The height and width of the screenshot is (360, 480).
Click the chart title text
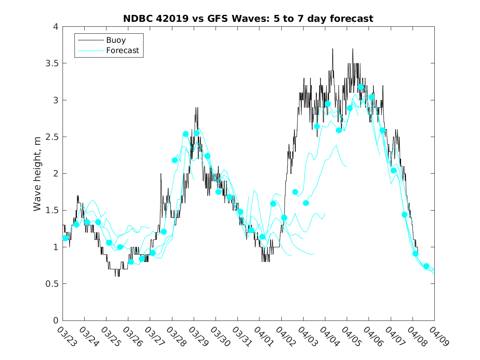click(248, 19)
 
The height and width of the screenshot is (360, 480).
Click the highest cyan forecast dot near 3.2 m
click(361, 87)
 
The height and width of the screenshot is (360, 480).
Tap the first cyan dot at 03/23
click(65, 238)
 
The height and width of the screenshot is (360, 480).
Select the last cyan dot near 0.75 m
click(426, 266)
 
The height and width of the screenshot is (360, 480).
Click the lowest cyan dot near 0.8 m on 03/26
click(131, 262)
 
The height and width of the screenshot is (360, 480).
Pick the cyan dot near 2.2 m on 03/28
click(174, 160)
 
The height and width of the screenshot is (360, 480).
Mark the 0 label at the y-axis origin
click(55, 321)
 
